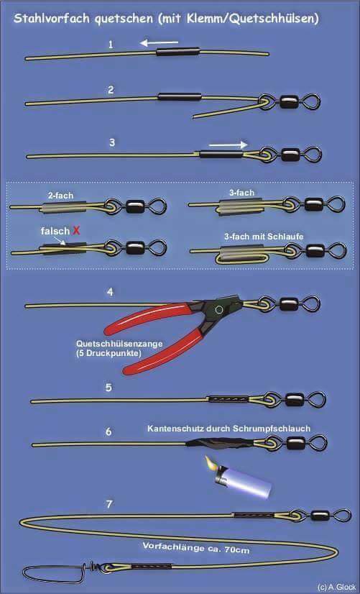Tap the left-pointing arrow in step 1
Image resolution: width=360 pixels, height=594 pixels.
(159, 43)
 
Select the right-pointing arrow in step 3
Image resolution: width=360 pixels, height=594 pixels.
(229, 145)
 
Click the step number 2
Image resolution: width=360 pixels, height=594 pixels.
(111, 90)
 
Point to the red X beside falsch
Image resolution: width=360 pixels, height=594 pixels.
(76, 231)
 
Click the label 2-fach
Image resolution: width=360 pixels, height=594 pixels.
(60, 196)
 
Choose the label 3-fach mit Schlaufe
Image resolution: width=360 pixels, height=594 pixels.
(264, 237)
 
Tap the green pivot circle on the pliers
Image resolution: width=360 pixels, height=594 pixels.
(218, 309)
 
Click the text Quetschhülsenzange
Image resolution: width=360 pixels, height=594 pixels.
(119, 344)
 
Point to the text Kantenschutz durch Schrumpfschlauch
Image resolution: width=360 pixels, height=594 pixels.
(229, 429)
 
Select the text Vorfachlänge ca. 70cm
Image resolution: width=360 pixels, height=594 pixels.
(195, 548)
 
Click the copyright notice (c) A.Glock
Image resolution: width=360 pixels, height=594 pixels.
(336, 588)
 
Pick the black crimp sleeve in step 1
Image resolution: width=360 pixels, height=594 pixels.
(177, 52)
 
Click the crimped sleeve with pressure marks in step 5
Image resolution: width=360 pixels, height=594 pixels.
(229, 399)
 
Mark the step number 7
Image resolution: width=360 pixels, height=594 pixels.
(109, 504)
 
